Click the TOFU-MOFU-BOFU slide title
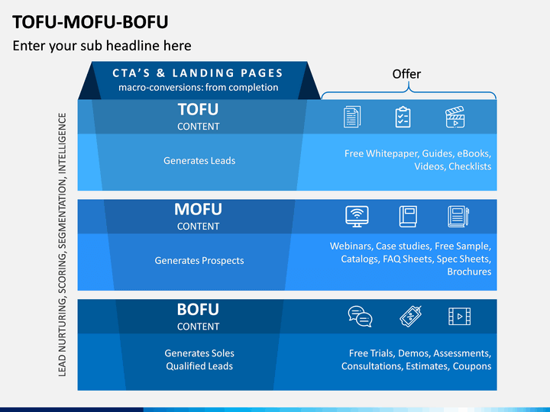click(90, 22)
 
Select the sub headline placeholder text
click(102, 46)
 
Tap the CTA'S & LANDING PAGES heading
click(198, 73)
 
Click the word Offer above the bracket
click(406, 74)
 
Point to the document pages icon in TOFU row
click(352, 117)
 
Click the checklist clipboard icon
click(403, 117)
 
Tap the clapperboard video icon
click(455, 117)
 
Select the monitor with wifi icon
click(357, 217)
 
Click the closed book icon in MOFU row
click(408, 217)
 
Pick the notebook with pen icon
click(458, 217)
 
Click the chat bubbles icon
click(360, 317)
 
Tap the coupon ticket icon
click(411, 317)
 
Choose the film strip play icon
click(460, 317)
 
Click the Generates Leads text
click(199, 161)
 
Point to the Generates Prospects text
click(199, 261)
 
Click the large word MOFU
click(198, 210)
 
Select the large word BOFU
click(198, 310)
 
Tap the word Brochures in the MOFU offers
click(469, 272)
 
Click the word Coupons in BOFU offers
click(472, 366)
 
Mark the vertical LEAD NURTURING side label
click(62, 245)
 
